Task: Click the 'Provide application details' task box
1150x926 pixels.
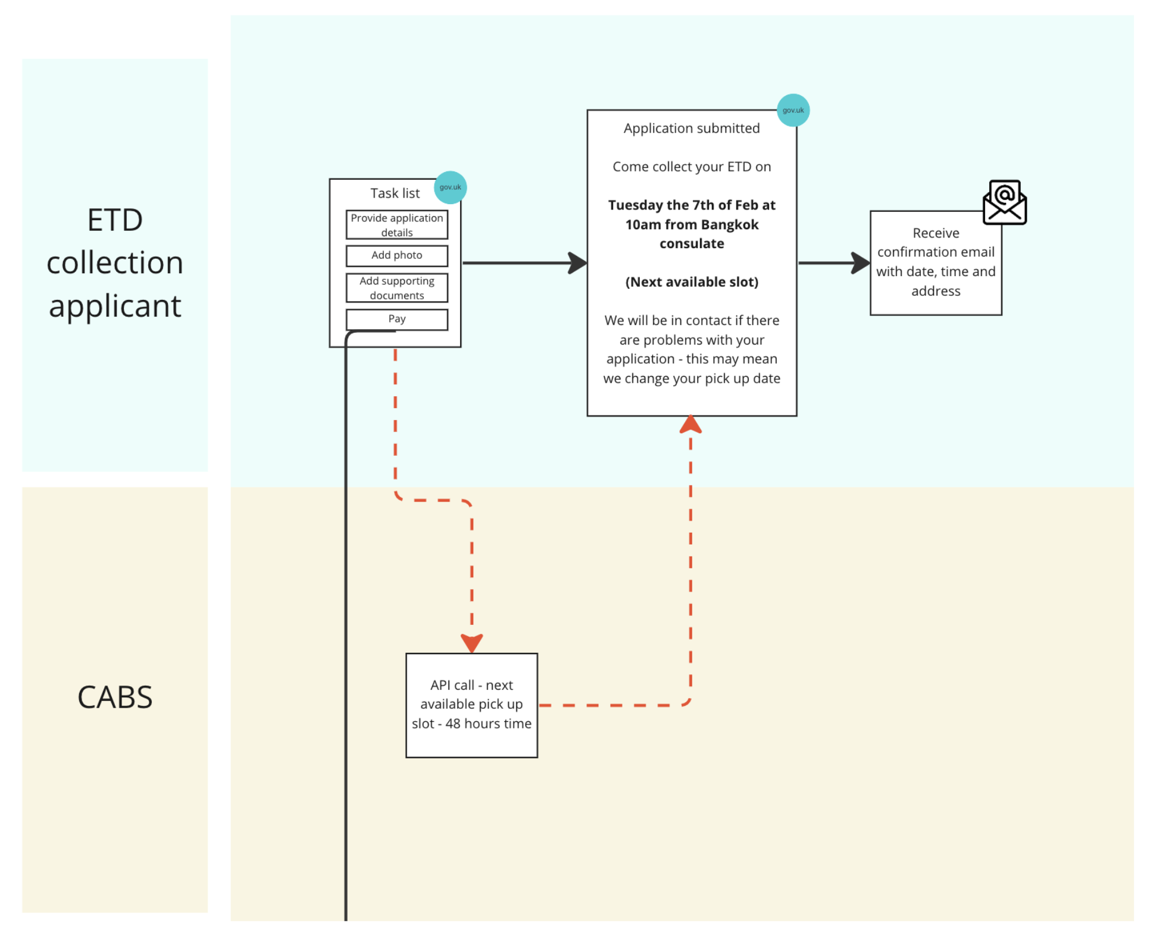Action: pos(396,224)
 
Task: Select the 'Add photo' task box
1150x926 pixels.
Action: pos(396,255)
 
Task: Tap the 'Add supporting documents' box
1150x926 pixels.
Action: pos(396,288)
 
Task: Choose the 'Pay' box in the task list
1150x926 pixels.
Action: pos(396,319)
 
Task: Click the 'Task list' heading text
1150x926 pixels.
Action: pos(395,193)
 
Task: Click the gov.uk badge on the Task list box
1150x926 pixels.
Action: pos(450,187)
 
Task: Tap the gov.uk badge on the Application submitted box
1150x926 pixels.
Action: pos(793,110)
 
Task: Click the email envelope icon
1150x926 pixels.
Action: pos(1004,202)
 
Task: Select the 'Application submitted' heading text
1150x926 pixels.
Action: pos(691,128)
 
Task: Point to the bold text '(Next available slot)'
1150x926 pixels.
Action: pos(691,281)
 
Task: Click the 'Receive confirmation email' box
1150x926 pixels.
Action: pos(935,262)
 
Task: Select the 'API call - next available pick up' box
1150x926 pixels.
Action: pos(471,705)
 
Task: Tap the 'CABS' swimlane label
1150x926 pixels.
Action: pos(115,696)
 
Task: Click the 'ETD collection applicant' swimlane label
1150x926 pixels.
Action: pos(115,262)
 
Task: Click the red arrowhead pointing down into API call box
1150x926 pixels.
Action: pos(471,643)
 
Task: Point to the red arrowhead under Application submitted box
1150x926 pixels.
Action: pos(690,425)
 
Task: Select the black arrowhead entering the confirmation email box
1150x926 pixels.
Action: pos(861,262)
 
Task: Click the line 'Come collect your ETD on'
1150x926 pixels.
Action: pos(691,167)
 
